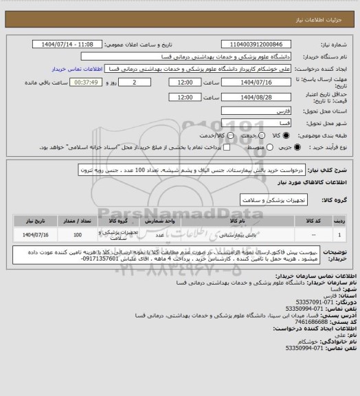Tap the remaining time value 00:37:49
[x=86, y=82]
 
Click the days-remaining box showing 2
[x=143, y=82]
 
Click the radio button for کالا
[x=273, y=135]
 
